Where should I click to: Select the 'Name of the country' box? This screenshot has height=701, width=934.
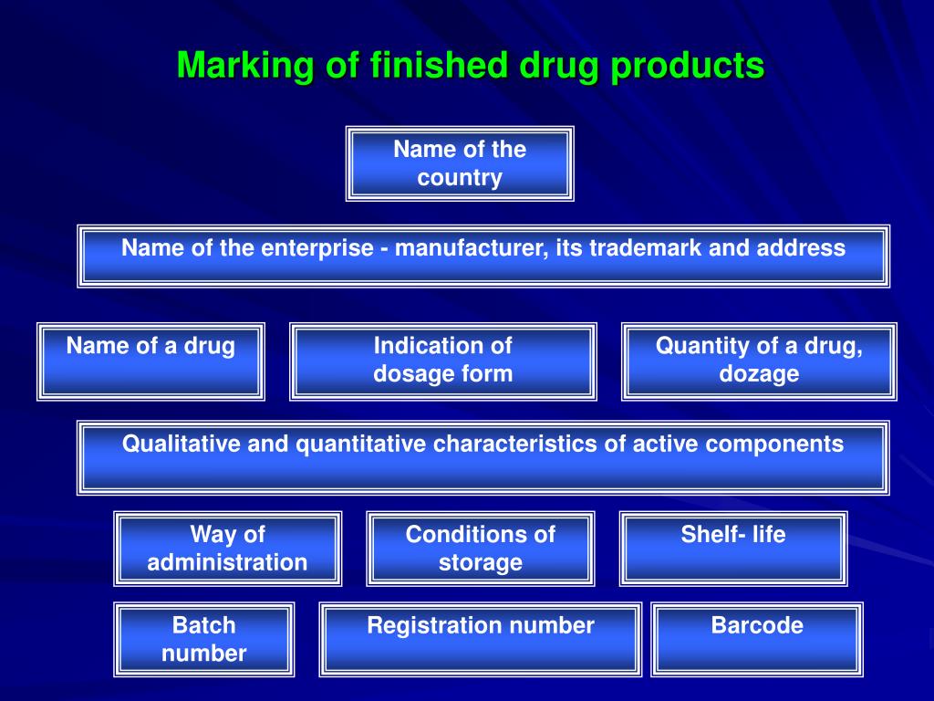click(x=460, y=163)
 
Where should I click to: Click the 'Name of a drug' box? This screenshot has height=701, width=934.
click(x=150, y=361)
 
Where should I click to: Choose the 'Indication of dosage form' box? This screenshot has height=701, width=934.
click(x=443, y=361)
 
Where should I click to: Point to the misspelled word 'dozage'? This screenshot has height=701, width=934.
click(x=759, y=374)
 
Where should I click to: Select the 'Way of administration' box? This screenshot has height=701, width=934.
click(x=227, y=549)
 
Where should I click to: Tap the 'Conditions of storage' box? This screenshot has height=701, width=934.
click(x=480, y=549)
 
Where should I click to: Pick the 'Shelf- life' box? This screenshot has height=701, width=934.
click(x=733, y=549)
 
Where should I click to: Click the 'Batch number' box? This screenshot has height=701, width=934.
click(x=204, y=639)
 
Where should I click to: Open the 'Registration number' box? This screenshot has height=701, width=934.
click(x=480, y=639)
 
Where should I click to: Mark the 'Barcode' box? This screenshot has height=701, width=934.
click(x=757, y=639)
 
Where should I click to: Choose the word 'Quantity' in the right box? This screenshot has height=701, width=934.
click(x=701, y=347)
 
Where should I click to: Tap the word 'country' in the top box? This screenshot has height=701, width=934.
click(x=460, y=178)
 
